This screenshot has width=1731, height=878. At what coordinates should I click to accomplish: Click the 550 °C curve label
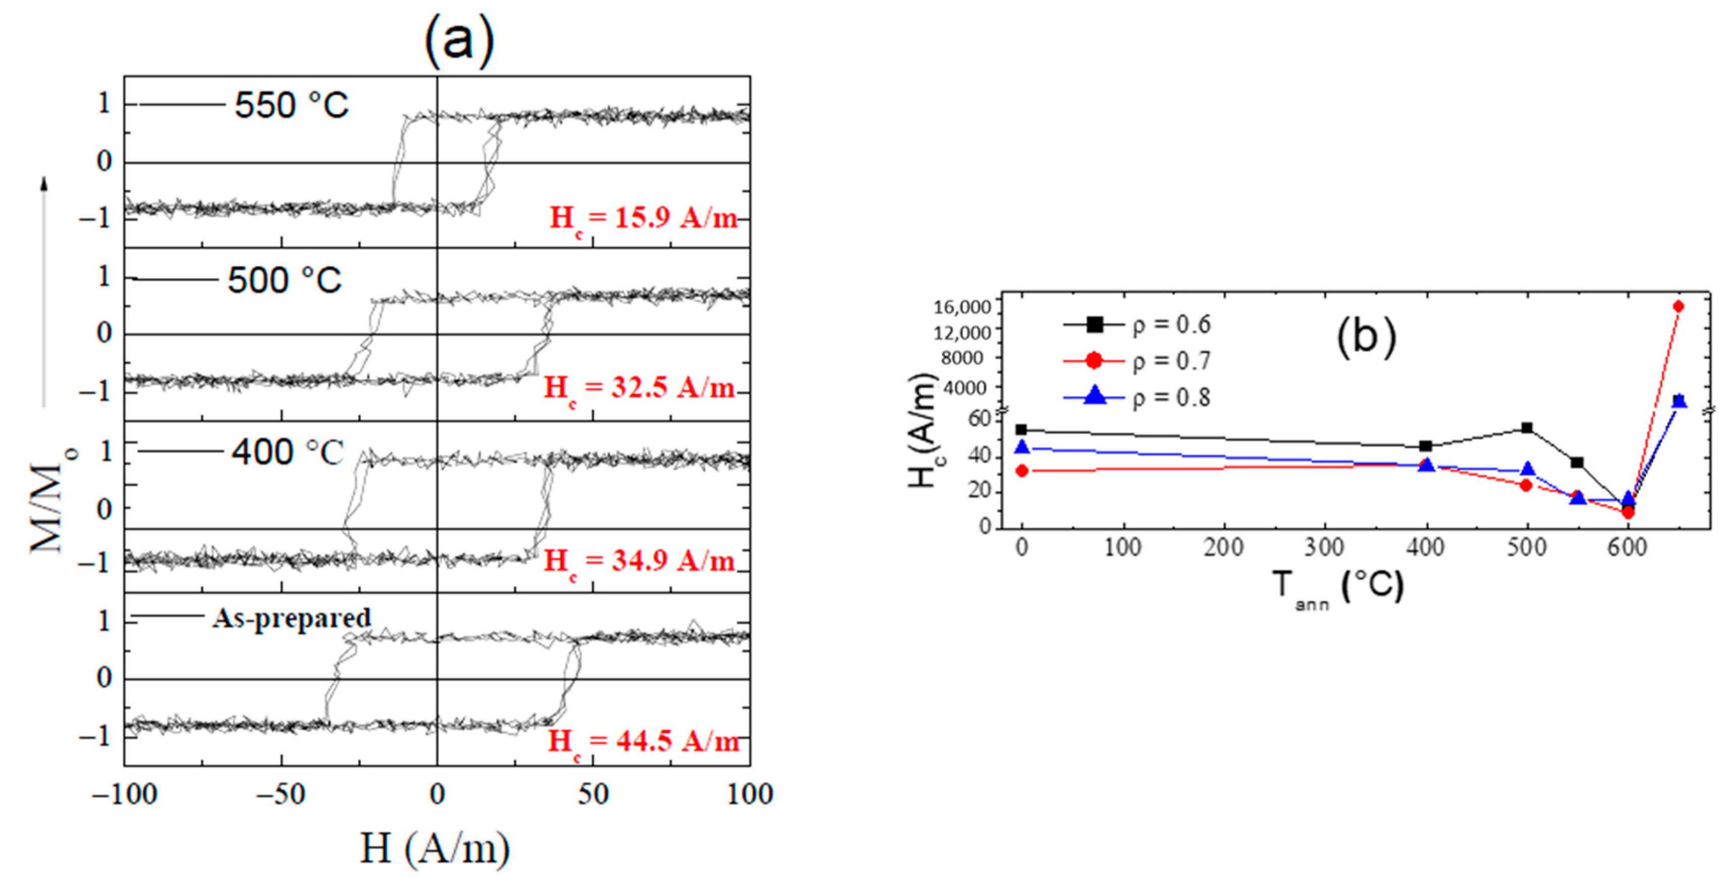pos(291,105)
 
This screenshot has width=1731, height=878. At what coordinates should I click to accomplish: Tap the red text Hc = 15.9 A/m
pos(643,218)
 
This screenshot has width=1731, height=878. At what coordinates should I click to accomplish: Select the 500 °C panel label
pos(284,280)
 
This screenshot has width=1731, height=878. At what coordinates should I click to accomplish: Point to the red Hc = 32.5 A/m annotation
pos(638,389)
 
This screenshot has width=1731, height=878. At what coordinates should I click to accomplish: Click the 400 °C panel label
pos(287,452)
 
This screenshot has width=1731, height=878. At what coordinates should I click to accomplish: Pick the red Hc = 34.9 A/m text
pos(638,561)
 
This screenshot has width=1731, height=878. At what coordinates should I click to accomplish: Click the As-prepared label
pos(291,618)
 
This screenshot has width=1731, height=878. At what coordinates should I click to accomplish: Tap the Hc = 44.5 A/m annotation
pos(643,741)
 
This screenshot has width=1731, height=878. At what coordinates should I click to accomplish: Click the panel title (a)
pos(459,40)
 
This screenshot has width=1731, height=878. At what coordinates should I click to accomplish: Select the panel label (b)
pos(1365,337)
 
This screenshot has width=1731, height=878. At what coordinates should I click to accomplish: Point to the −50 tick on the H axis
pos(281,795)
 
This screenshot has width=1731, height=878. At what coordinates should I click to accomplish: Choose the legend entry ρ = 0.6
pos(1171,325)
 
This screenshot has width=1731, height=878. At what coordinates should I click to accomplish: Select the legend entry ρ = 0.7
pos(1171,361)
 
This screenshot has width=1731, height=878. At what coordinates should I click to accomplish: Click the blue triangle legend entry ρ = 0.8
pos(1171,397)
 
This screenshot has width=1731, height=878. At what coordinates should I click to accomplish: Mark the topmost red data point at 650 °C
pos(1678,307)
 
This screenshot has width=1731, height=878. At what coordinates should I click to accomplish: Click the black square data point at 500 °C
pos(1527,428)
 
